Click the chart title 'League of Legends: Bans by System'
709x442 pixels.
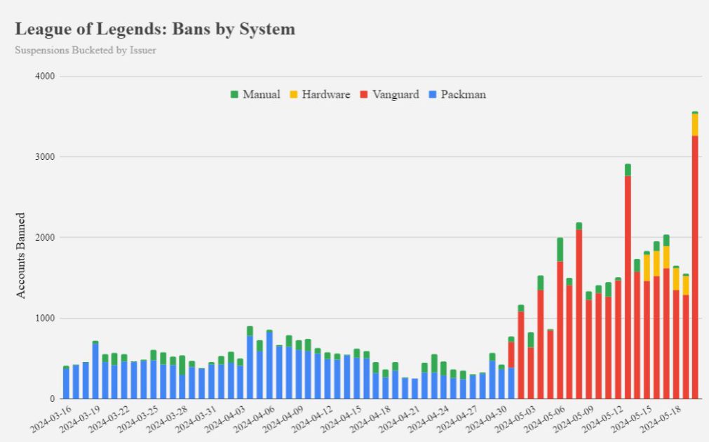coord(155,29)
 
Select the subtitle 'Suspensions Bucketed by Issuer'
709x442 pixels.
coord(85,51)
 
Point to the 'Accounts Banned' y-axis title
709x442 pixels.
coord(21,255)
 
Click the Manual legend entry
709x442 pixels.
coord(255,94)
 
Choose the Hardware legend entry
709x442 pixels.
coord(320,94)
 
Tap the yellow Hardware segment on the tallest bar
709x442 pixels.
coord(695,125)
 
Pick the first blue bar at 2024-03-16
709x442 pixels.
coord(66,383)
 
